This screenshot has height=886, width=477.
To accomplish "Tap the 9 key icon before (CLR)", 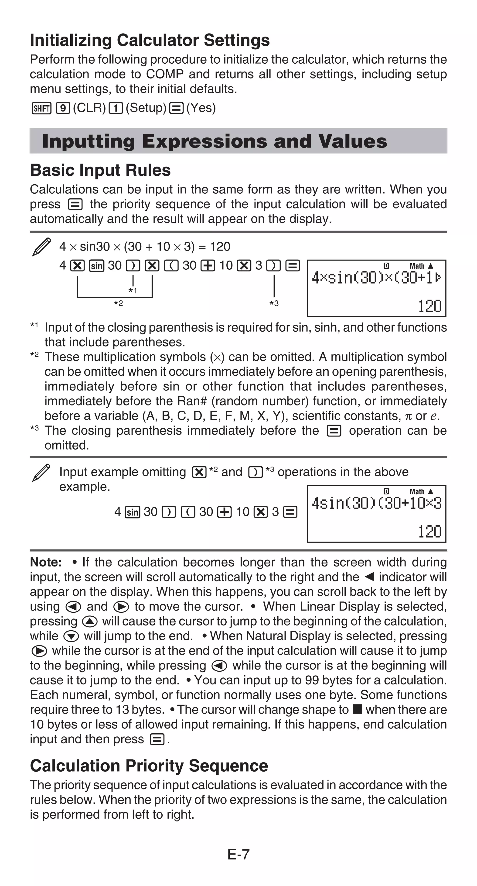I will click(63, 108).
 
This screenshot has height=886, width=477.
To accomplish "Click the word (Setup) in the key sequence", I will click(146, 108).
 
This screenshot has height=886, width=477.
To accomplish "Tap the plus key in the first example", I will click(207, 265).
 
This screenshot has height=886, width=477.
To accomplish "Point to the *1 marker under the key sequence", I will click(133, 291).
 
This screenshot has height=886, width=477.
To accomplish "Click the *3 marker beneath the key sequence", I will click(274, 303).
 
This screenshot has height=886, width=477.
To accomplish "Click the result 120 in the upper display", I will click(429, 306).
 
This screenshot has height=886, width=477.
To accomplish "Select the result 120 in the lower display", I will click(429, 531).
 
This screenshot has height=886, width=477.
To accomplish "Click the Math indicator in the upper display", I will click(417, 266).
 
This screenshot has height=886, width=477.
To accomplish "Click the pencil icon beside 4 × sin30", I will click(41, 247).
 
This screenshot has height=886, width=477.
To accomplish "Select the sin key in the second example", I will click(132, 512).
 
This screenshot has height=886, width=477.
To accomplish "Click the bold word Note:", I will click(46, 562).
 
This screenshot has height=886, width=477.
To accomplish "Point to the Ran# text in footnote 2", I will click(190, 401).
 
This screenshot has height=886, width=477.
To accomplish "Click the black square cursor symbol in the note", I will click(358, 709).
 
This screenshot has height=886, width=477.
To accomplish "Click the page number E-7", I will click(238, 854).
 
